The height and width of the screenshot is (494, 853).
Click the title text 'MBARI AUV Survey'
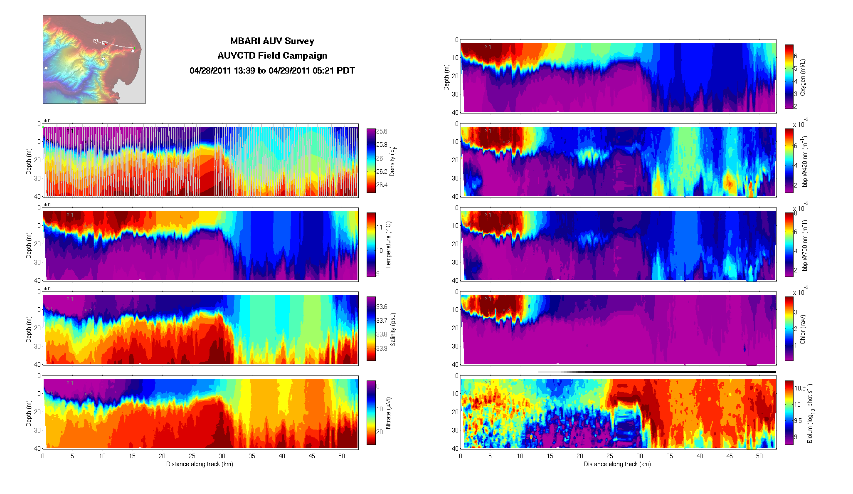272,41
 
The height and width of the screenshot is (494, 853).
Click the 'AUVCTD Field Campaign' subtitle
272,56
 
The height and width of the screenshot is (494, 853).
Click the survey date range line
272,71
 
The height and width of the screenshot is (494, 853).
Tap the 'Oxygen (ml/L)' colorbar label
802,77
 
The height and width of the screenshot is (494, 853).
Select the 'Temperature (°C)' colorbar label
388,245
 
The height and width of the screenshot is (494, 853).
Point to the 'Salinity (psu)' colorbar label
393,329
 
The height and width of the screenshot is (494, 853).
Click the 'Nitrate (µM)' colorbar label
388,413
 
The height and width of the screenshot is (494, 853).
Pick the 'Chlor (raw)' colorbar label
802,329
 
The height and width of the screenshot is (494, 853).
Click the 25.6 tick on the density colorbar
382,131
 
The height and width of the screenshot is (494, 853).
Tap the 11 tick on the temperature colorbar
379,227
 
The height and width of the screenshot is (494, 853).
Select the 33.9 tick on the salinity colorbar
382,348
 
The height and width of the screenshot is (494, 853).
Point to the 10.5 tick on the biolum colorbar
800,388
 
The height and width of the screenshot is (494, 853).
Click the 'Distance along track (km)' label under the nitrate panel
200,464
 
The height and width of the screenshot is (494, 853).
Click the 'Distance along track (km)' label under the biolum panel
617,464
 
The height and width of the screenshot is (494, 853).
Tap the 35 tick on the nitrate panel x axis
252,456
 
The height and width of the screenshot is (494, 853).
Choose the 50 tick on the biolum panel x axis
759,456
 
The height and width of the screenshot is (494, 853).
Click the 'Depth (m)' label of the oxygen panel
446,77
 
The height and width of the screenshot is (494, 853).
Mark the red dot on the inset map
106,44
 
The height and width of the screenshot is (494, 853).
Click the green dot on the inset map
134,48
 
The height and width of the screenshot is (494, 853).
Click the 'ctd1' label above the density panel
47,121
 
